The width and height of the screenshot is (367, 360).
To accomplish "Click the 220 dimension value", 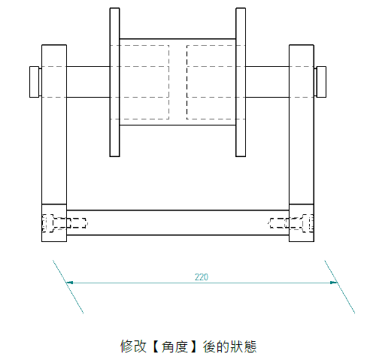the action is pyautogui.click(x=202, y=277).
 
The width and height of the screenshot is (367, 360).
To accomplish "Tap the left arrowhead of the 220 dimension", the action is pyautogui.click(x=70, y=283).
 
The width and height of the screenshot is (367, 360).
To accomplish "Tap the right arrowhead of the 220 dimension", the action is pyautogui.click(x=333, y=283).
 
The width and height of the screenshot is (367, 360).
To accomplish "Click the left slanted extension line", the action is pyautogui.click(x=68, y=286).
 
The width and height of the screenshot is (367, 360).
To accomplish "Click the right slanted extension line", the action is pyautogui.click(x=340, y=286).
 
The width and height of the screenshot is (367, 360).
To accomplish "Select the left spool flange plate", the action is pyautogui.click(x=114, y=82).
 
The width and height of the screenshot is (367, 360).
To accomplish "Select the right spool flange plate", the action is pyautogui.click(x=241, y=82).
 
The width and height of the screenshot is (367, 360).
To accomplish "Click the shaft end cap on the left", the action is pyautogui.click(x=35, y=82).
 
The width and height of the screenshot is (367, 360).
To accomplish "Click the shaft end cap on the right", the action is pyautogui.click(x=321, y=82).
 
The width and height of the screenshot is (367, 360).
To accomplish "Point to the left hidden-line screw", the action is pyautogui.click(x=65, y=223).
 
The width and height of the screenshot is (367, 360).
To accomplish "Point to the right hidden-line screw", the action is pyautogui.click(x=291, y=223).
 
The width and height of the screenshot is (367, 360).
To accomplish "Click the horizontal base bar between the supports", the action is pyautogui.click(x=177, y=222).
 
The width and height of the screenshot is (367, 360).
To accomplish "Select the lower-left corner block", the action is pyautogui.click(x=54, y=222).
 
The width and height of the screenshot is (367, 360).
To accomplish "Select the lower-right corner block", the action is pyautogui.click(x=302, y=222).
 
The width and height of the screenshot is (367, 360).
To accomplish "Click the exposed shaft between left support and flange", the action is pyautogui.click(x=88, y=82).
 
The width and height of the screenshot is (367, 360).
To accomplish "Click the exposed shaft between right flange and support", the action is pyautogui.click(x=267, y=82).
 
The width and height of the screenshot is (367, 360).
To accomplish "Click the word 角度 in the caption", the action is pyautogui.click(x=174, y=346).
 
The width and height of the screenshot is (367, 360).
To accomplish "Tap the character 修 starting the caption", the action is pyautogui.click(x=126, y=346).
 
